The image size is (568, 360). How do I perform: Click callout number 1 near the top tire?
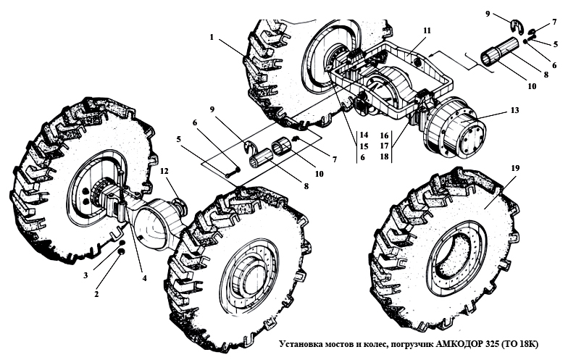tap(212, 36)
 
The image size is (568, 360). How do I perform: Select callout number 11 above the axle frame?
tap(427, 30)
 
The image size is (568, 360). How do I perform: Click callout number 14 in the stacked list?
tap(363, 135)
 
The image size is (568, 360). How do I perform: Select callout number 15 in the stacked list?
tap(363, 146)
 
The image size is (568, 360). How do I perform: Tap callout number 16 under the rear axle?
tap(384, 135)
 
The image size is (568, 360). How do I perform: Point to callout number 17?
tap(384, 146)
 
